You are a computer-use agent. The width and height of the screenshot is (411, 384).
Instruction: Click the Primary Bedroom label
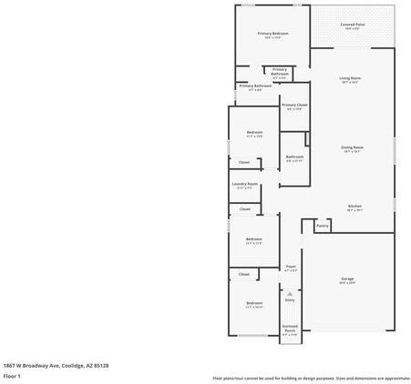[272, 34]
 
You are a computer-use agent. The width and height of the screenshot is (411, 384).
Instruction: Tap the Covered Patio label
[352, 25]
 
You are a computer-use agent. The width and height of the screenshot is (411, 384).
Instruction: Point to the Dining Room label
[354, 147]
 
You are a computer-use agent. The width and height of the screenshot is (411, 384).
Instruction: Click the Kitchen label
[354, 207]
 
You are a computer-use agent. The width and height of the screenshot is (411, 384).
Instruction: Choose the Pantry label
[322, 225]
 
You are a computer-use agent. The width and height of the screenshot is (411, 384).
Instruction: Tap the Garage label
[347, 278]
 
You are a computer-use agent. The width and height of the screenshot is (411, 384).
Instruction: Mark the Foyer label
[291, 267]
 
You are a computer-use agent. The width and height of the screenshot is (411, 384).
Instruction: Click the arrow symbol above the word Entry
[290, 293]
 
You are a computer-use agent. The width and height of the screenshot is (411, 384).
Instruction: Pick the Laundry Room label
[244, 184]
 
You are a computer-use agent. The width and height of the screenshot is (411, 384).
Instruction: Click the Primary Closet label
[294, 105]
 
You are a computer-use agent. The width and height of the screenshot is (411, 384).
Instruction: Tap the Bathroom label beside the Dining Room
[294, 157]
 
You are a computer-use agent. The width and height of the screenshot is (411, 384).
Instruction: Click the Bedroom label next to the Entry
[254, 303]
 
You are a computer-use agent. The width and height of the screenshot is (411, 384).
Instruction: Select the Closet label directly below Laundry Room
[244, 208]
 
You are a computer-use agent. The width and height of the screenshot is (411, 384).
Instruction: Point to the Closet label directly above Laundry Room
[243, 163]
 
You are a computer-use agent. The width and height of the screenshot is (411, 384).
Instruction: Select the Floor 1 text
[12, 375]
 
